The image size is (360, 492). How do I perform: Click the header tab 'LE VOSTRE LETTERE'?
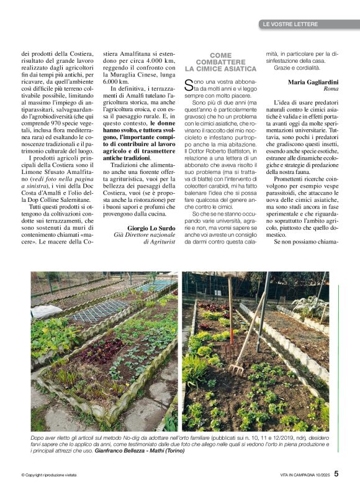[290, 24]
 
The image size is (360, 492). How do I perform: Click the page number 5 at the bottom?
[336, 473]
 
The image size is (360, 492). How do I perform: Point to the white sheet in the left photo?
[47, 311]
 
